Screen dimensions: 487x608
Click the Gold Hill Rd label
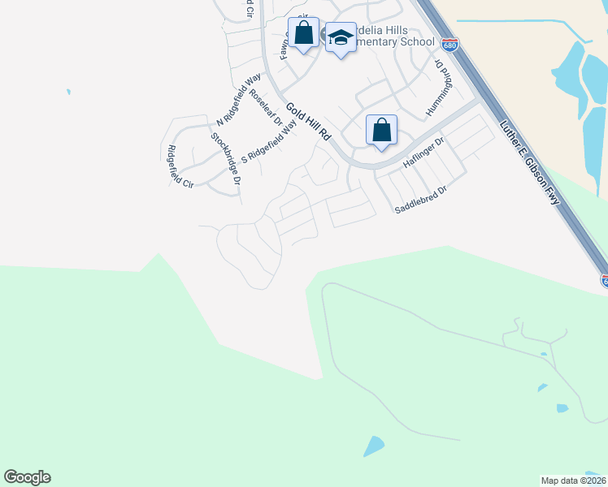pyautogui.click(x=306, y=122)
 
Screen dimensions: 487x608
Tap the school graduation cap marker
pyautogui.click(x=341, y=37)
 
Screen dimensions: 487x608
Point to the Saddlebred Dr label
pyautogui.click(x=421, y=200)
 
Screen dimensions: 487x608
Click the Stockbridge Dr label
pyautogui.click(x=226, y=157)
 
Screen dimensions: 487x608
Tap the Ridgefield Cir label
pyautogui.click(x=179, y=166)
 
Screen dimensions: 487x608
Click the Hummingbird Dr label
pyautogui.click(x=438, y=84)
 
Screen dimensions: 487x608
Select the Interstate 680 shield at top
pyautogui.click(x=450, y=43)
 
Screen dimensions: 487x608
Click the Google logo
pyautogui.click(x=27, y=477)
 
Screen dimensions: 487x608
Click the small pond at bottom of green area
pyautogui.click(x=374, y=446)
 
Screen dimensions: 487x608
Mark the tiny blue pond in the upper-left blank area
pyautogui.click(x=68, y=92)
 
